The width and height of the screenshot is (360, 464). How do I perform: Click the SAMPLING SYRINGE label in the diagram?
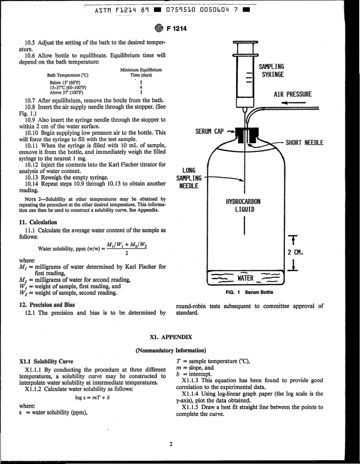(271, 71)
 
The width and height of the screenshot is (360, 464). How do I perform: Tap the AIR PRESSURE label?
(292, 94)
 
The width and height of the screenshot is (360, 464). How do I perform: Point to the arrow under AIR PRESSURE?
(293, 102)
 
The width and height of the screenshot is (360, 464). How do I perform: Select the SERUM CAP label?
(210, 132)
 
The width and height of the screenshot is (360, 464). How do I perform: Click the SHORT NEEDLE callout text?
(304, 143)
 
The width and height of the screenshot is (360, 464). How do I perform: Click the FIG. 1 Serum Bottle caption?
(249, 292)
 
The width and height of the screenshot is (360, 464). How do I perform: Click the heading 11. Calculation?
(38, 223)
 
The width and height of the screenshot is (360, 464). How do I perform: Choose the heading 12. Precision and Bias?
(47, 304)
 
